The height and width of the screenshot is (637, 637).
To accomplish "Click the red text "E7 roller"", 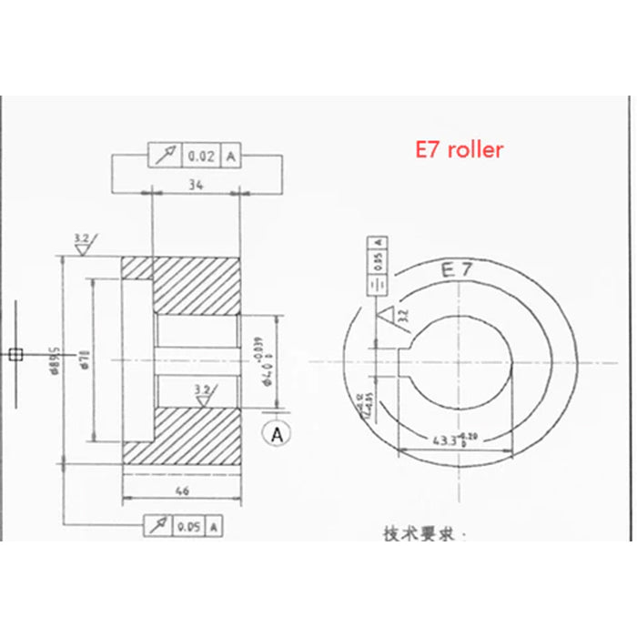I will (459, 150).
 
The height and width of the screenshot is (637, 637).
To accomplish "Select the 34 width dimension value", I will (194, 185).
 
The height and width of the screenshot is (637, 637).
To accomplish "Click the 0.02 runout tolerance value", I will (200, 157).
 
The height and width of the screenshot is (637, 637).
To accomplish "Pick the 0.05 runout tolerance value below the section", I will (189, 526).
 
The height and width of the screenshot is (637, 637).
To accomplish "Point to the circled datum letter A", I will (276, 434).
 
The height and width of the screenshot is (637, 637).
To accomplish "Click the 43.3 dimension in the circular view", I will (443, 440).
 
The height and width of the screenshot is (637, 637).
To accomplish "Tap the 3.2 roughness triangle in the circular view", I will (392, 318).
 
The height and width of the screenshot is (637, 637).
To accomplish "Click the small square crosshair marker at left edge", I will (14, 354).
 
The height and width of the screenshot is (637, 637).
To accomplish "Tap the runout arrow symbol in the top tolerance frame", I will (167, 157).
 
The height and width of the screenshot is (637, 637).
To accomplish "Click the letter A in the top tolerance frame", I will (230, 157).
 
